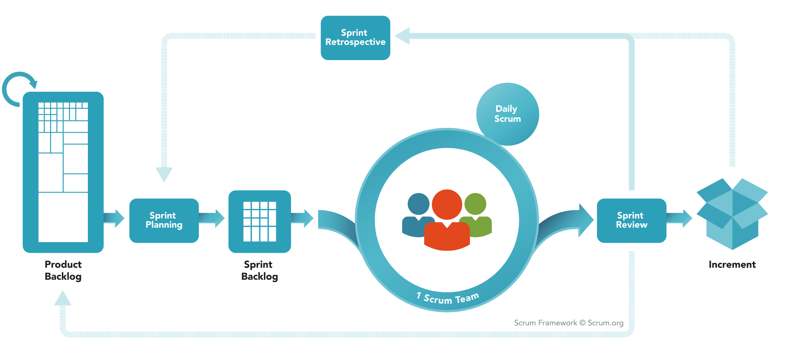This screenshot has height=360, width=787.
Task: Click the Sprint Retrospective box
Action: pos(355,38)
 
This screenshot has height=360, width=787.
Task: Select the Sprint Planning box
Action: pos(164,220)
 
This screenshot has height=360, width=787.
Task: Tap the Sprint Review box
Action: pos(631,220)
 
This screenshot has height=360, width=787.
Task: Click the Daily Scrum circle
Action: pos(507,114)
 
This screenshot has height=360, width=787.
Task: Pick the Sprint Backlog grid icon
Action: pos(259,221)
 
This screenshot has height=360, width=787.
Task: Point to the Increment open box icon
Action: pos(732,213)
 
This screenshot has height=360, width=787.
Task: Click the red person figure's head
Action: pos(447,204)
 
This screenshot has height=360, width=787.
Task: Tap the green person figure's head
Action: pos(475,204)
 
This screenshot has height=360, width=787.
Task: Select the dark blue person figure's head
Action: pos(418,204)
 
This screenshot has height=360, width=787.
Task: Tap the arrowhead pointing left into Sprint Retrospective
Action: pos(403,36)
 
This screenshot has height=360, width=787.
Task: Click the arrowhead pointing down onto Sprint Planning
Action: pos(164,174)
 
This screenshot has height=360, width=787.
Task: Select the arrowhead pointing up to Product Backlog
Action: pos(63,299)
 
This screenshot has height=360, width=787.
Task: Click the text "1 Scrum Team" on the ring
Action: pos(448,298)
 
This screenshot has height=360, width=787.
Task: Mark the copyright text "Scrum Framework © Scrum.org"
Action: pos(569,323)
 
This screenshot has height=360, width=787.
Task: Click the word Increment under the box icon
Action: pos(732,264)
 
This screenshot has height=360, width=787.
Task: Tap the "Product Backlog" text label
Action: pos(63,270)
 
